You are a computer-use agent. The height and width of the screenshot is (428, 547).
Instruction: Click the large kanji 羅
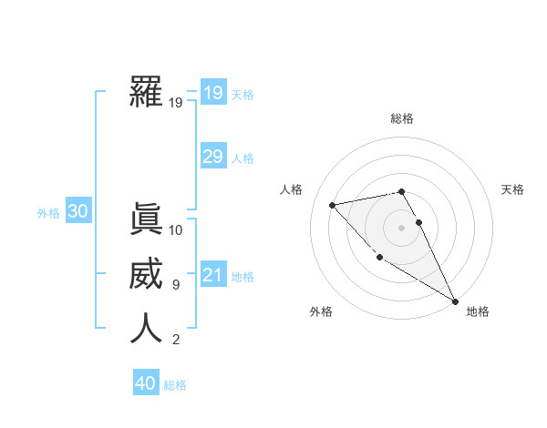[x=146, y=92]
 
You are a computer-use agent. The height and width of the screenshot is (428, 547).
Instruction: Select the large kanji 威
[x=146, y=274]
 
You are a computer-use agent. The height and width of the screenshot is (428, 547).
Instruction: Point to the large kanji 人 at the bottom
[x=146, y=329]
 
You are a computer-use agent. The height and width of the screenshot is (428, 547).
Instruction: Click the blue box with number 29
[x=212, y=157]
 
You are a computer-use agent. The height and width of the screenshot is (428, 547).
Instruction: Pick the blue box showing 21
[x=212, y=275]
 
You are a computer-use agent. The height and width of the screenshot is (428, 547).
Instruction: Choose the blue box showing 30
[x=77, y=212]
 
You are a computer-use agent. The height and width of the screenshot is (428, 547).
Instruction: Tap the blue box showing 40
[x=146, y=383]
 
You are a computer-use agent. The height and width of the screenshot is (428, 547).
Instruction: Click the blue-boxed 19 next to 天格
[x=212, y=93]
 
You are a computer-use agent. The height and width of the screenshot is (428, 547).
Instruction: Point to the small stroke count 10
[x=176, y=230]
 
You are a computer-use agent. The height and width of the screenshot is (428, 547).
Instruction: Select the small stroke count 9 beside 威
[x=175, y=285]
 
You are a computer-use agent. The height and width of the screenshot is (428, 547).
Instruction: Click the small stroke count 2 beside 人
[x=175, y=340]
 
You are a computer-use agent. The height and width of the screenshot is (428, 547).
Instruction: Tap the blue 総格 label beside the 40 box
[x=175, y=385]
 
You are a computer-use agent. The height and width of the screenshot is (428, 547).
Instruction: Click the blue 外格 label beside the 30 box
[x=48, y=213]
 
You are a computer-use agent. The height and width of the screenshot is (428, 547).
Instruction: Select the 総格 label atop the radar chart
[x=402, y=118]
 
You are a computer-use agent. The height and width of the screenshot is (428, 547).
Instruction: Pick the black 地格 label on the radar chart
[x=478, y=312]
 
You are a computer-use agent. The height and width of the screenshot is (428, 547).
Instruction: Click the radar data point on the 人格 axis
[x=333, y=205]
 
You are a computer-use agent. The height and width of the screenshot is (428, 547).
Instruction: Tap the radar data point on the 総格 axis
[x=401, y=191]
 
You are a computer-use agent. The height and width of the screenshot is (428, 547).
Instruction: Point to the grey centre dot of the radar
[x=401, y=227]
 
